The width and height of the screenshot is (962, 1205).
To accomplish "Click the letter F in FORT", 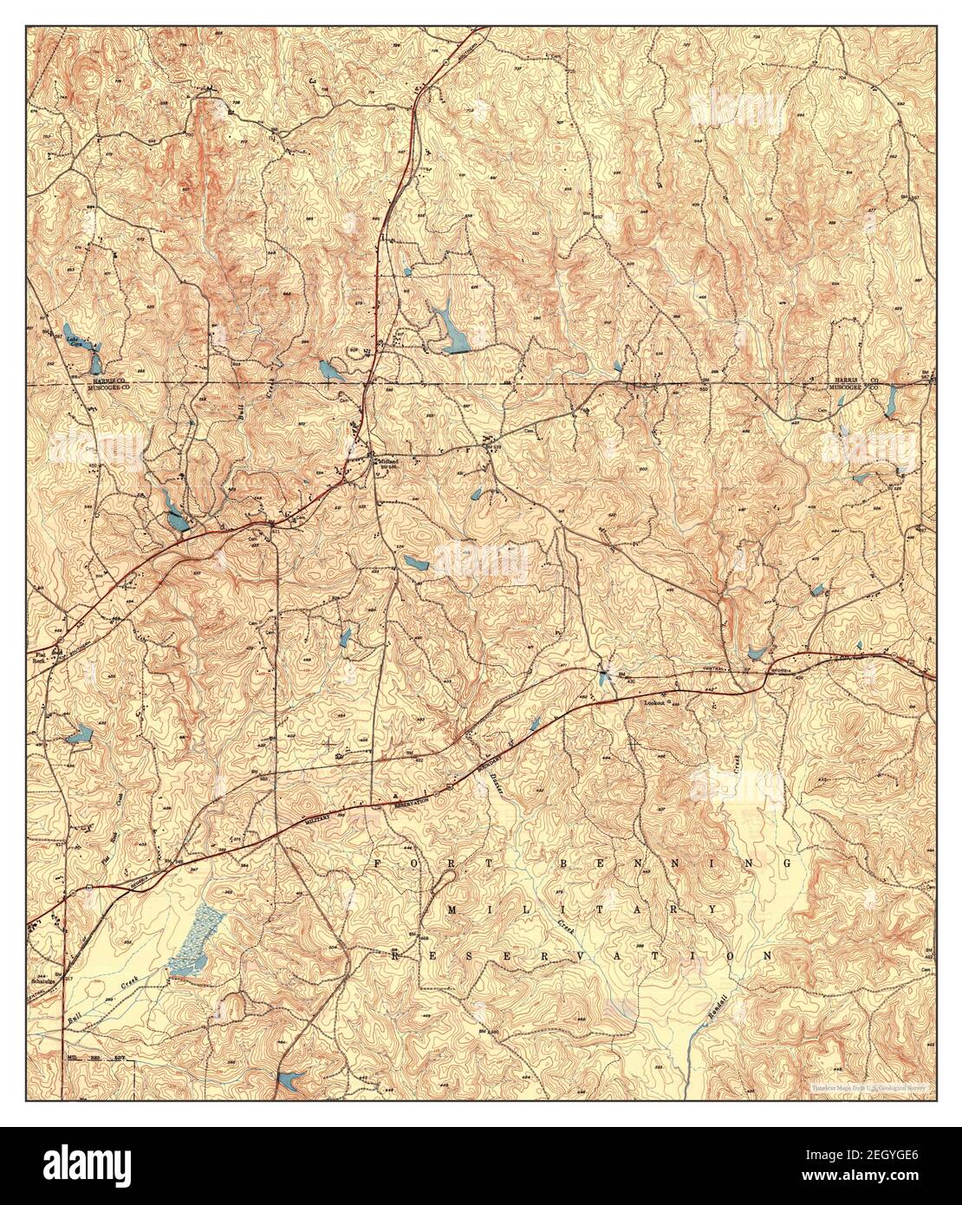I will tap(379, 864).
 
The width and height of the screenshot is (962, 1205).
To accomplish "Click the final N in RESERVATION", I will tap(766, 954).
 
